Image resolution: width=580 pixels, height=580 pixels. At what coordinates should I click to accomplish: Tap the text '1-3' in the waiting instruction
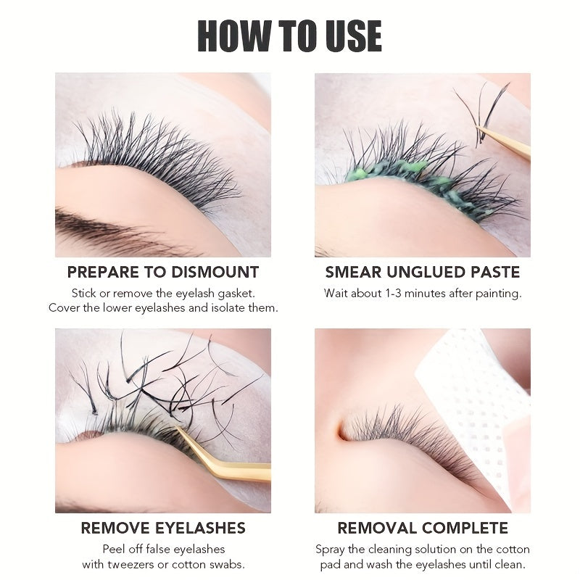[x=396, y=294]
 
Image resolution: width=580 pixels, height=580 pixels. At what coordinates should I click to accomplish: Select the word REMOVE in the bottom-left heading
[x=119, y=528]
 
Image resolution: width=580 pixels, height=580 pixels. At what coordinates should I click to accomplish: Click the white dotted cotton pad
[x=478, y=391]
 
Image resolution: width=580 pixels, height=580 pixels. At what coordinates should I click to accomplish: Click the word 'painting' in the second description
[x=497, y=294]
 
